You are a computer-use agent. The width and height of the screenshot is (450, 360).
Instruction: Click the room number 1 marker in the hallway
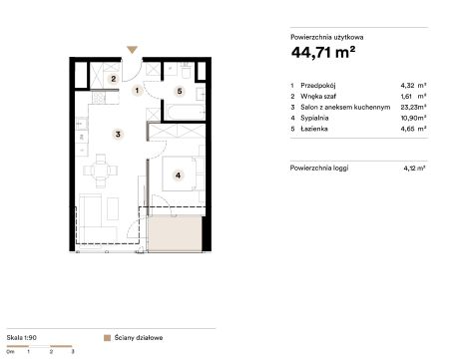click(x=137, y=91)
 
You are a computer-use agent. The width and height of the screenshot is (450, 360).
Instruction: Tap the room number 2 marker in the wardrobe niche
click(x=114, y=79)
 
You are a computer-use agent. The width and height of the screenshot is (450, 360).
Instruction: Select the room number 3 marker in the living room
click(x=118, y=135)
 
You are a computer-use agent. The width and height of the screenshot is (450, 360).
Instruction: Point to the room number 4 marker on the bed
click(x=179, y=176)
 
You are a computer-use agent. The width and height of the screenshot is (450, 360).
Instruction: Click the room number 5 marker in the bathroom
click(x=180, y=91)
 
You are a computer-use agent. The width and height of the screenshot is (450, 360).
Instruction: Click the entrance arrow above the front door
click(x=132, y=50)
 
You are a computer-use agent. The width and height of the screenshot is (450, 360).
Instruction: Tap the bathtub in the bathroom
click(x=186, y=113)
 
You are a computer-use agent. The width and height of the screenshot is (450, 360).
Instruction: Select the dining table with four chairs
click(x=100, y=171)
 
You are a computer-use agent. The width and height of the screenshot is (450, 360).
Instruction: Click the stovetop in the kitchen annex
click(x=99, y=98)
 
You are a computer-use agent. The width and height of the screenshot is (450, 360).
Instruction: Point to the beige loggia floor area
click(x=175, y=232)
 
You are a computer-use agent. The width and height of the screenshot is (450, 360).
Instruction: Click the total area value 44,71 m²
click(x=323, y=52)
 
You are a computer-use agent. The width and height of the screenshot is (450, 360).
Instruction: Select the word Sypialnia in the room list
click(x=314, y=118)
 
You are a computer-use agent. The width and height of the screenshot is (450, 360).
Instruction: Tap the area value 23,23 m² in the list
click(x=413, y=107)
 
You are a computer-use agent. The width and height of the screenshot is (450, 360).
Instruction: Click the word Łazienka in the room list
click(x=314, y=129)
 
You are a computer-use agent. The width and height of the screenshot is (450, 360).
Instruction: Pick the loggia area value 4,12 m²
click(x=414, y=169)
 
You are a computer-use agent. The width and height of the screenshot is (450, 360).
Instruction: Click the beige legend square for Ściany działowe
click(x=107, y=338)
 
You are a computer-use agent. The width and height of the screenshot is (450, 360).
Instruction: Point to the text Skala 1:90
click(x=22, y=337)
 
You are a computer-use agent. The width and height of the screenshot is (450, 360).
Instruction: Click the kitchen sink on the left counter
click(x=82, y=125)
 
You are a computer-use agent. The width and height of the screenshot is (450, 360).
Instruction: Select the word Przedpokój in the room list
click(x=317, y=86)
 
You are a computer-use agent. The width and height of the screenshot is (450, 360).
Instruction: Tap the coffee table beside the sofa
click(x=113, y=208)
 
